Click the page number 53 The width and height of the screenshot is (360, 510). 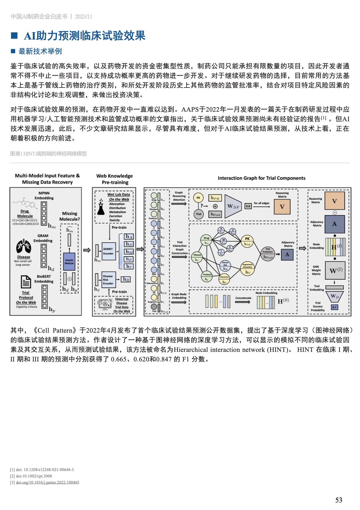click(338, 500)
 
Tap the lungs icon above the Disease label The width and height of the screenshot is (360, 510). click(23, 247)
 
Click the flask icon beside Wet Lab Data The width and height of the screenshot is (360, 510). click(101, 207)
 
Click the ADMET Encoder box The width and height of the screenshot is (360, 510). click(108, 251)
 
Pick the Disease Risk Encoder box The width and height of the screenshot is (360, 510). click(108, 280)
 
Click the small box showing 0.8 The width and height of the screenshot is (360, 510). click(248, 206)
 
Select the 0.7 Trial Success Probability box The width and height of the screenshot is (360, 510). click(334, 307)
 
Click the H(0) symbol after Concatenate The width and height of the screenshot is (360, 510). click(283, 301)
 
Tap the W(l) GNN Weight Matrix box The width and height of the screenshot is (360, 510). click(335, 270)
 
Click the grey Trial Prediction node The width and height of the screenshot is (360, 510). click(268, 254)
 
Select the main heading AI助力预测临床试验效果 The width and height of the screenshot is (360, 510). click(85, 36)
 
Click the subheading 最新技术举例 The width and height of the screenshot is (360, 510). click(40, 51)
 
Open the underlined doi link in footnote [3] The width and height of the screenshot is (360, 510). click(47, 482)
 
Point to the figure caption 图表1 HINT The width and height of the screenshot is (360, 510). click(48, 154)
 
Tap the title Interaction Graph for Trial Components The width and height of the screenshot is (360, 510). click(262, 178)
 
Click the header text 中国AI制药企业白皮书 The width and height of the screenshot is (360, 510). click(39, 17)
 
